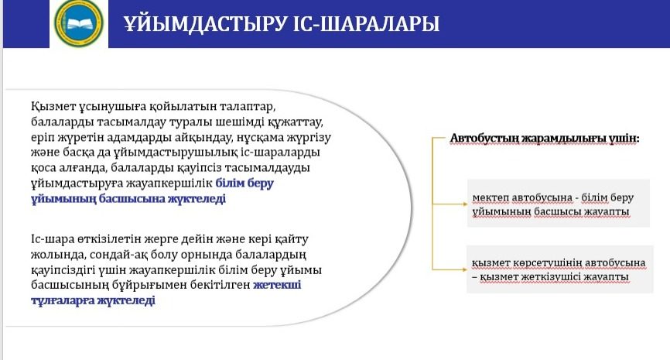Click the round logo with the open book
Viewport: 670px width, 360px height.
click(x=79, y=22)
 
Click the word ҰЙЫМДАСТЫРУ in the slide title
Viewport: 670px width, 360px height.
click(x=205, y=23)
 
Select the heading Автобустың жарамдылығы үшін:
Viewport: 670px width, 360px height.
click(x=545, y=139)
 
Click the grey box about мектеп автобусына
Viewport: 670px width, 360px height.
click(x=558, y=203)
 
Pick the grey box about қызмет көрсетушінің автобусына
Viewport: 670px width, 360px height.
click(x=560, y=269)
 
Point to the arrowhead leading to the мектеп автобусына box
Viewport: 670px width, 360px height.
click(x=465, y=204)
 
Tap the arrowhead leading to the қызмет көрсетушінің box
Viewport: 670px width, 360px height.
click(x=465, y=269)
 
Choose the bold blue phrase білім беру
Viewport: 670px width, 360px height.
click(x=244, y=183)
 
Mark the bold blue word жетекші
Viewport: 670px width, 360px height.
click(x=277, y=285)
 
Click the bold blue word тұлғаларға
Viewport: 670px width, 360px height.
click(x=63, y=300)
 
